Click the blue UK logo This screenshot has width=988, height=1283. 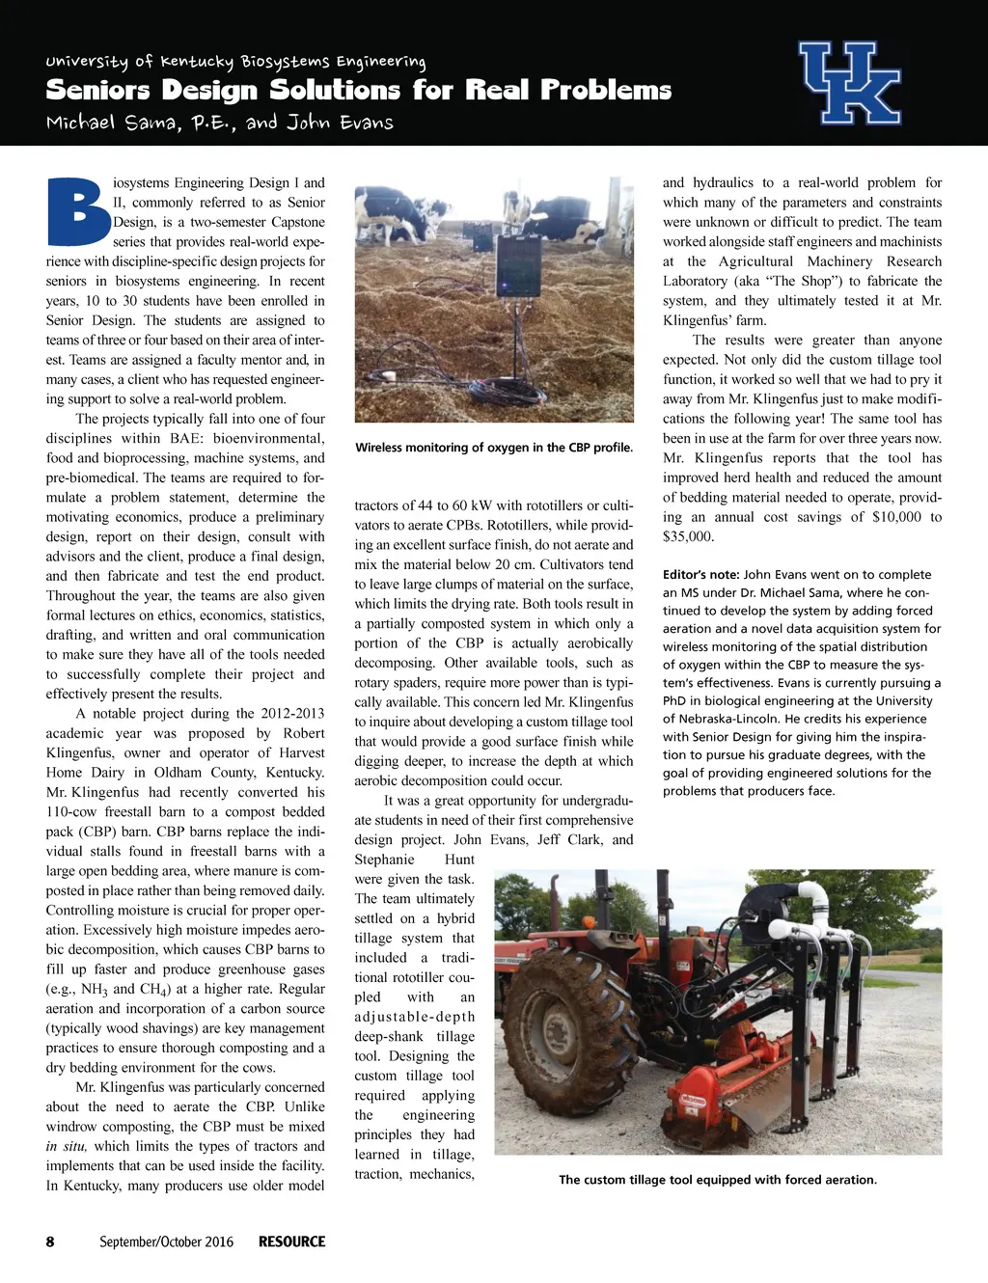[x=850, y=83]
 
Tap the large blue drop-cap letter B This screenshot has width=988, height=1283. [x=77, y=212]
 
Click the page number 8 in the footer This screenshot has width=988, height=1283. [x=50, y=1242]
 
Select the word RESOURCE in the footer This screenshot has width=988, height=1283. [x=291, y=1242]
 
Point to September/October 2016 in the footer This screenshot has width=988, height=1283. [x=166, y=1242]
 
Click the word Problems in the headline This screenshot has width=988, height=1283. [x=606, y=91]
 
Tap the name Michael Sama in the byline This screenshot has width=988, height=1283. [x=95, y=123]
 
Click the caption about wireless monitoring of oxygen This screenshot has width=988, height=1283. [x=494, y=448]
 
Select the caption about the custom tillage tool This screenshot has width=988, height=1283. [x=718, y=1179]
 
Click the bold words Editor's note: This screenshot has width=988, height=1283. [x=700, y=575]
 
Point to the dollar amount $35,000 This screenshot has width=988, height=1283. [x=688, y=536]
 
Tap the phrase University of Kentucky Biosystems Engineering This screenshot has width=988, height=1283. [x=235, y=62]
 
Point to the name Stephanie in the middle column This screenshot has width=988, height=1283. [x=384, y=859]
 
